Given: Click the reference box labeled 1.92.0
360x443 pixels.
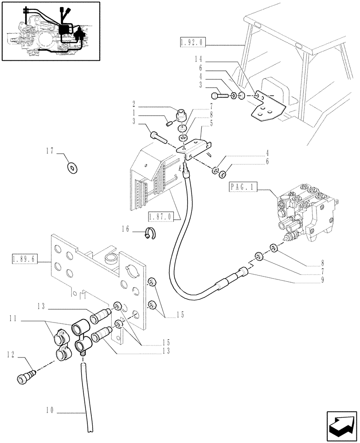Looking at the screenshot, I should (x=192, y=43).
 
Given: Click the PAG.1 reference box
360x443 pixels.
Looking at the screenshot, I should (x=242, y=187).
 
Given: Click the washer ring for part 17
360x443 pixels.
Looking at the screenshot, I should (x=71, y=167).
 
